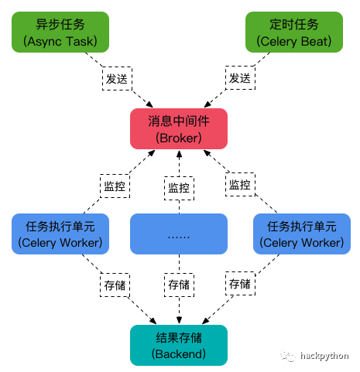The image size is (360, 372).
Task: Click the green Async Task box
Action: coord(60,32)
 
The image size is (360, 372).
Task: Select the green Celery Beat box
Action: coord(294,32)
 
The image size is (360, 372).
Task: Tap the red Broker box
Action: coord(179,128)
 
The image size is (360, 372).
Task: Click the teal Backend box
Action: coord(179,345)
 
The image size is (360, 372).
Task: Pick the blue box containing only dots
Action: coord(179,234)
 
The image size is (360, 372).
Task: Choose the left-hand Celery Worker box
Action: coord(60,234)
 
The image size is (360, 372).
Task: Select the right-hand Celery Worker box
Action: coord(302,234)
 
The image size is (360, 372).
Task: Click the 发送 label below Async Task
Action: coord(117,79)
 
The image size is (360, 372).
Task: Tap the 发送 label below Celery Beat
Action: coord(240,78)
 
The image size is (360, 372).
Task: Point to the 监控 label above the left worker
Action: coord(115,186)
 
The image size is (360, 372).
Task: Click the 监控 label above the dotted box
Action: coord(179,188)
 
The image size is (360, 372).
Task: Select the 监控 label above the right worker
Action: coord(240,185)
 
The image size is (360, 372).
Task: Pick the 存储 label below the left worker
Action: coord(115,285)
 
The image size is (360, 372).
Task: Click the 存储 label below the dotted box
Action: coord(179,285)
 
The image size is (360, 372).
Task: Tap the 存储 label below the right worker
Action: coord(240,284)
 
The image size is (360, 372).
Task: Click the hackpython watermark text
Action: coord(324,357)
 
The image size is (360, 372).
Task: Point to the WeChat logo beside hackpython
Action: coord(288,356)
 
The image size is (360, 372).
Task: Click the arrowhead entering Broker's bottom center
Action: coord(179,154)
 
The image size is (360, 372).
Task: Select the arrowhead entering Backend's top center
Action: coord(179,320)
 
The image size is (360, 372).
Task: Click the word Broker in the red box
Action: coord(179,138)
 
